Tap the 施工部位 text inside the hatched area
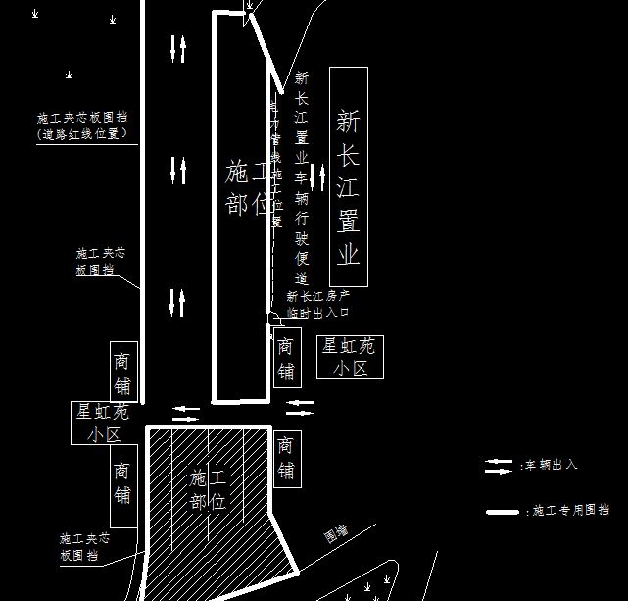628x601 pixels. click(208, 489)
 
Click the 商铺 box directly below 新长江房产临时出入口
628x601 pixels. click(285, 358)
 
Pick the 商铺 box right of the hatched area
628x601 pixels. click(285, 458)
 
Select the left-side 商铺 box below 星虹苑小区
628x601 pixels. click(121, 482)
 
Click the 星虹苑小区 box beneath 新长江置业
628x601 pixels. click(350, 357)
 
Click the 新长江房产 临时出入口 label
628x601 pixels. click(317, 304)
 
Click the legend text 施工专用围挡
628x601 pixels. click(569, 511)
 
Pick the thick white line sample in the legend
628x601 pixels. click(503, 512)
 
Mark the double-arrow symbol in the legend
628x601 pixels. click(500, 466)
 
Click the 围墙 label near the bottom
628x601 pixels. click(337, 535)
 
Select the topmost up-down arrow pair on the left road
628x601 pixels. click(178, 47)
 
